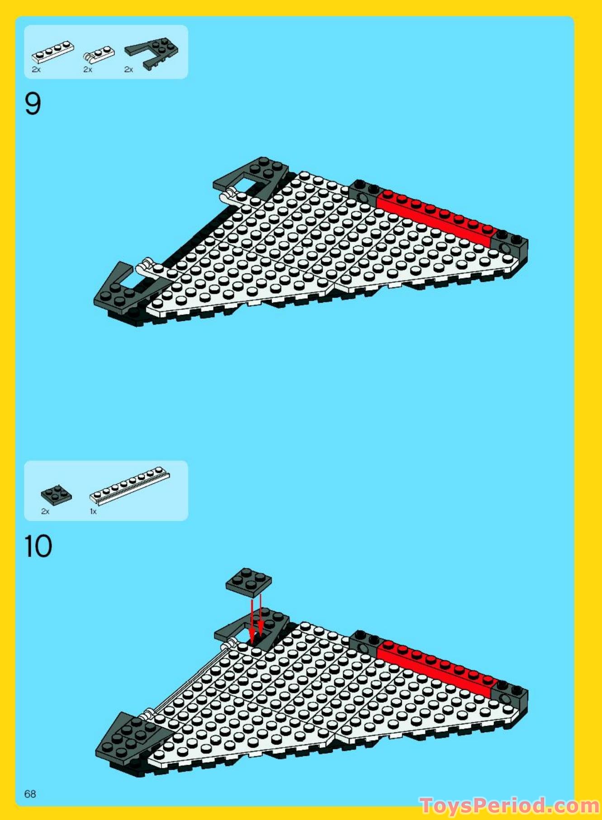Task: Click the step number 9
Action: [33, 104]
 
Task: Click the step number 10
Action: [38, 546]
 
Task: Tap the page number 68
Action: [30, 794]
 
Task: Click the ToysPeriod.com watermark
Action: [509, 806]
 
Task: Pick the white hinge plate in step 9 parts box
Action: [99, 54]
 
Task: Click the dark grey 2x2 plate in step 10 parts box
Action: [56, 495]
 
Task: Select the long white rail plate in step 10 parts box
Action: [130, 486]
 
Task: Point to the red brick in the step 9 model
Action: [434, 217]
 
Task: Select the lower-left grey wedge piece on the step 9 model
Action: [120, 290]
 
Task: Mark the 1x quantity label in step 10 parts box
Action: [93, 511]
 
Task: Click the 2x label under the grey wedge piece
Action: [129, 70]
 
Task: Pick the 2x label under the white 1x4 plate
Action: [36, 70]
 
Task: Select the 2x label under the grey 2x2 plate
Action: [45, 511]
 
